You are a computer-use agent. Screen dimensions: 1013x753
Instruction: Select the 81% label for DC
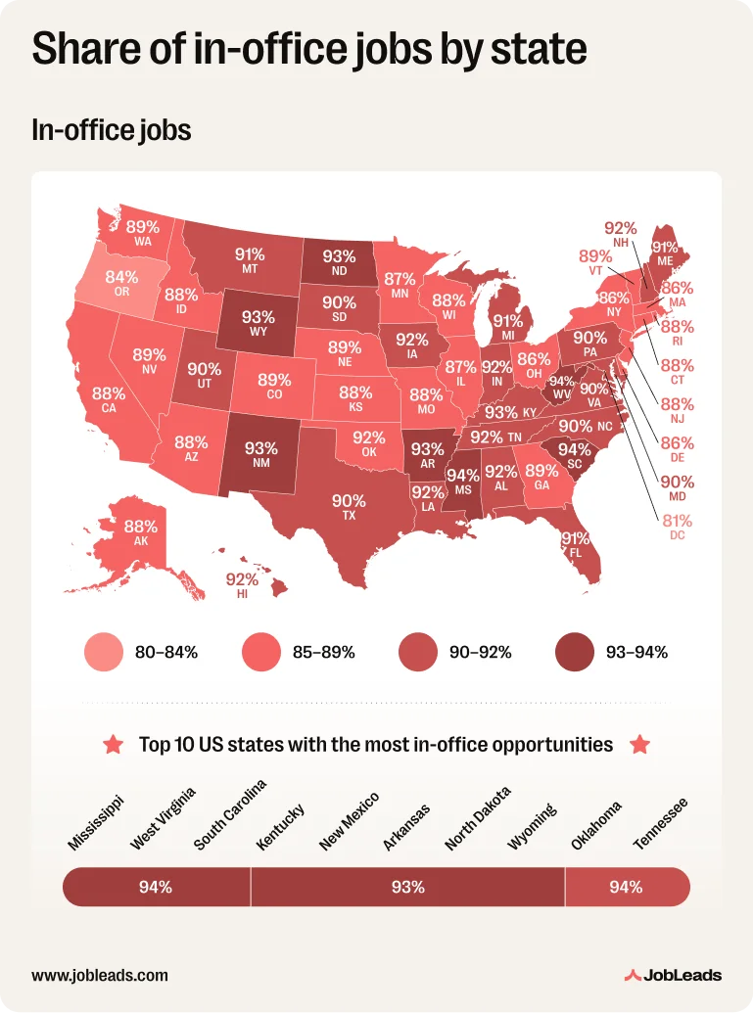pyautogui.click(x=677, y=521)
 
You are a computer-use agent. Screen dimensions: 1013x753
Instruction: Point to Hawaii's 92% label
pyautogui.click(x=242, y=579)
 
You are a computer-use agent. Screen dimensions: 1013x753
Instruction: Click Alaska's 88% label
pyautogui.click(x=141, y=526)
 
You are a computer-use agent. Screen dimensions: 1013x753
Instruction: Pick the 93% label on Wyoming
pyautogui.click(x=259, y=317)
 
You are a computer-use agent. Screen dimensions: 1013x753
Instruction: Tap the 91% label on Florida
pyautogui.click(x=575, y=538)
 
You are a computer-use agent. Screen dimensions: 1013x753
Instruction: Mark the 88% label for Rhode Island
pyautogui.click(x=677, y=326)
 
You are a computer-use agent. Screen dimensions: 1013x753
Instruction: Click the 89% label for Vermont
pyautogui.click(x=595, y=256)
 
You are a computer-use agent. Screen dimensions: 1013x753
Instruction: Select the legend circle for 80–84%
pyautogui.click(x=104, y=652)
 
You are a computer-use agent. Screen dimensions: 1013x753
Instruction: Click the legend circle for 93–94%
pyautogui.click(x=574, y=652)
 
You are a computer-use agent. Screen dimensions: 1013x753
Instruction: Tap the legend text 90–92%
pyautogui.click(x=480, y=652)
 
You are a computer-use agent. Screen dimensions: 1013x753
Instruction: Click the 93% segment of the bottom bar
pyautogui.click(x=407, y=888)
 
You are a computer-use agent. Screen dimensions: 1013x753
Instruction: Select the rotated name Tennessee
pyautogui.click(x=661, y=822)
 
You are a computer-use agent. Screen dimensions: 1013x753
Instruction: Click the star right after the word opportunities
pyautogui.click(x=639, y=745)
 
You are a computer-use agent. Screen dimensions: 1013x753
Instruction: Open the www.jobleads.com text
pyautogui.click(x=100, y=975)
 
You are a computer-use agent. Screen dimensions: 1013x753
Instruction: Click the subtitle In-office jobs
pyautogui.click(x=111, y=129)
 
